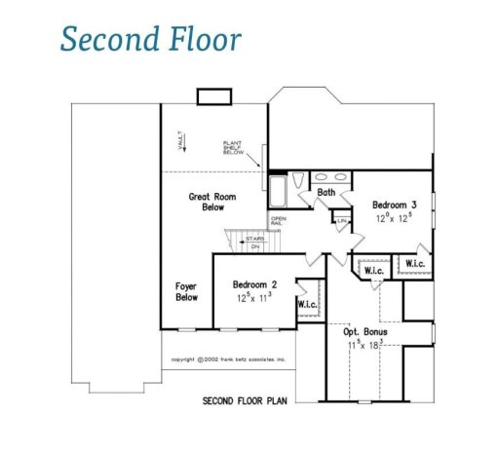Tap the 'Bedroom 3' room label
[x=395, y=205]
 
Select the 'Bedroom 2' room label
[x=255, y=284]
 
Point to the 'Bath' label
[x=326, y=193]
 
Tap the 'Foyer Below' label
[x=186, y=291]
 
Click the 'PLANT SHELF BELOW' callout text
[x=235, y=146]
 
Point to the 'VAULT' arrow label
[x=180, y=143]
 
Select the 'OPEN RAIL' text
[x=279, y=221]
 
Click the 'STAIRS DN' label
[x=254, y=242]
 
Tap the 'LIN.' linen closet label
[x=342, y=222]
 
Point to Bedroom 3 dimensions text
[x=395, y=218]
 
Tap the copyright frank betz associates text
[x=228, y=358]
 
